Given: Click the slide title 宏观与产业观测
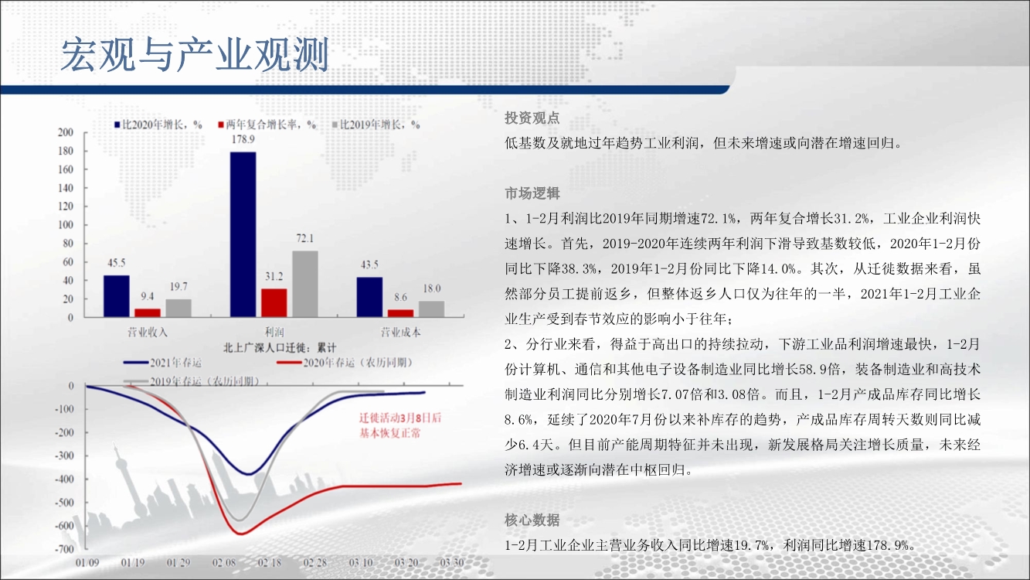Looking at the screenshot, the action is click(195, 55).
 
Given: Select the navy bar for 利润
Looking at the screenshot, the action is click(243, 234).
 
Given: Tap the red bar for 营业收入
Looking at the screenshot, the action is click(148, 312).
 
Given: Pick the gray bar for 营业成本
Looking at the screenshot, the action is click(431, 309).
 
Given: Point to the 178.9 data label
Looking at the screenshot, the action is click(243, 139).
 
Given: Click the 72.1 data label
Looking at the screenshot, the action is click(305, 238).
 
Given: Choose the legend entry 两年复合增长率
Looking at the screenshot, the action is click(267, 125).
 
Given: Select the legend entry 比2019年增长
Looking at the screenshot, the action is click(376, 125).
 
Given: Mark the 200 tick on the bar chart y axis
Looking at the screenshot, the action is click(66, 132).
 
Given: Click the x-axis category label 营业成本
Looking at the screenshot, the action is click(400, 333).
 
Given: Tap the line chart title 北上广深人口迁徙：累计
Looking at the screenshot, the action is click(280, 348).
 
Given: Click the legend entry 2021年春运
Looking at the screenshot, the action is click(163, 363).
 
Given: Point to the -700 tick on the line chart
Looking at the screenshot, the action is click(64, 549).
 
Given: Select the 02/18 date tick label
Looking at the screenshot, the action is click(270, 563).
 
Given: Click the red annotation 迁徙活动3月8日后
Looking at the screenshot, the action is click(400, 418).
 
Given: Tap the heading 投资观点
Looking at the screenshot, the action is click(532, 118).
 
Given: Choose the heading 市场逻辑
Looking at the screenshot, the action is click(532, 193).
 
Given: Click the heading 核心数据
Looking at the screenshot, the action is click(532, 520).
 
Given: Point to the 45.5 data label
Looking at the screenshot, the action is click(117, 263).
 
